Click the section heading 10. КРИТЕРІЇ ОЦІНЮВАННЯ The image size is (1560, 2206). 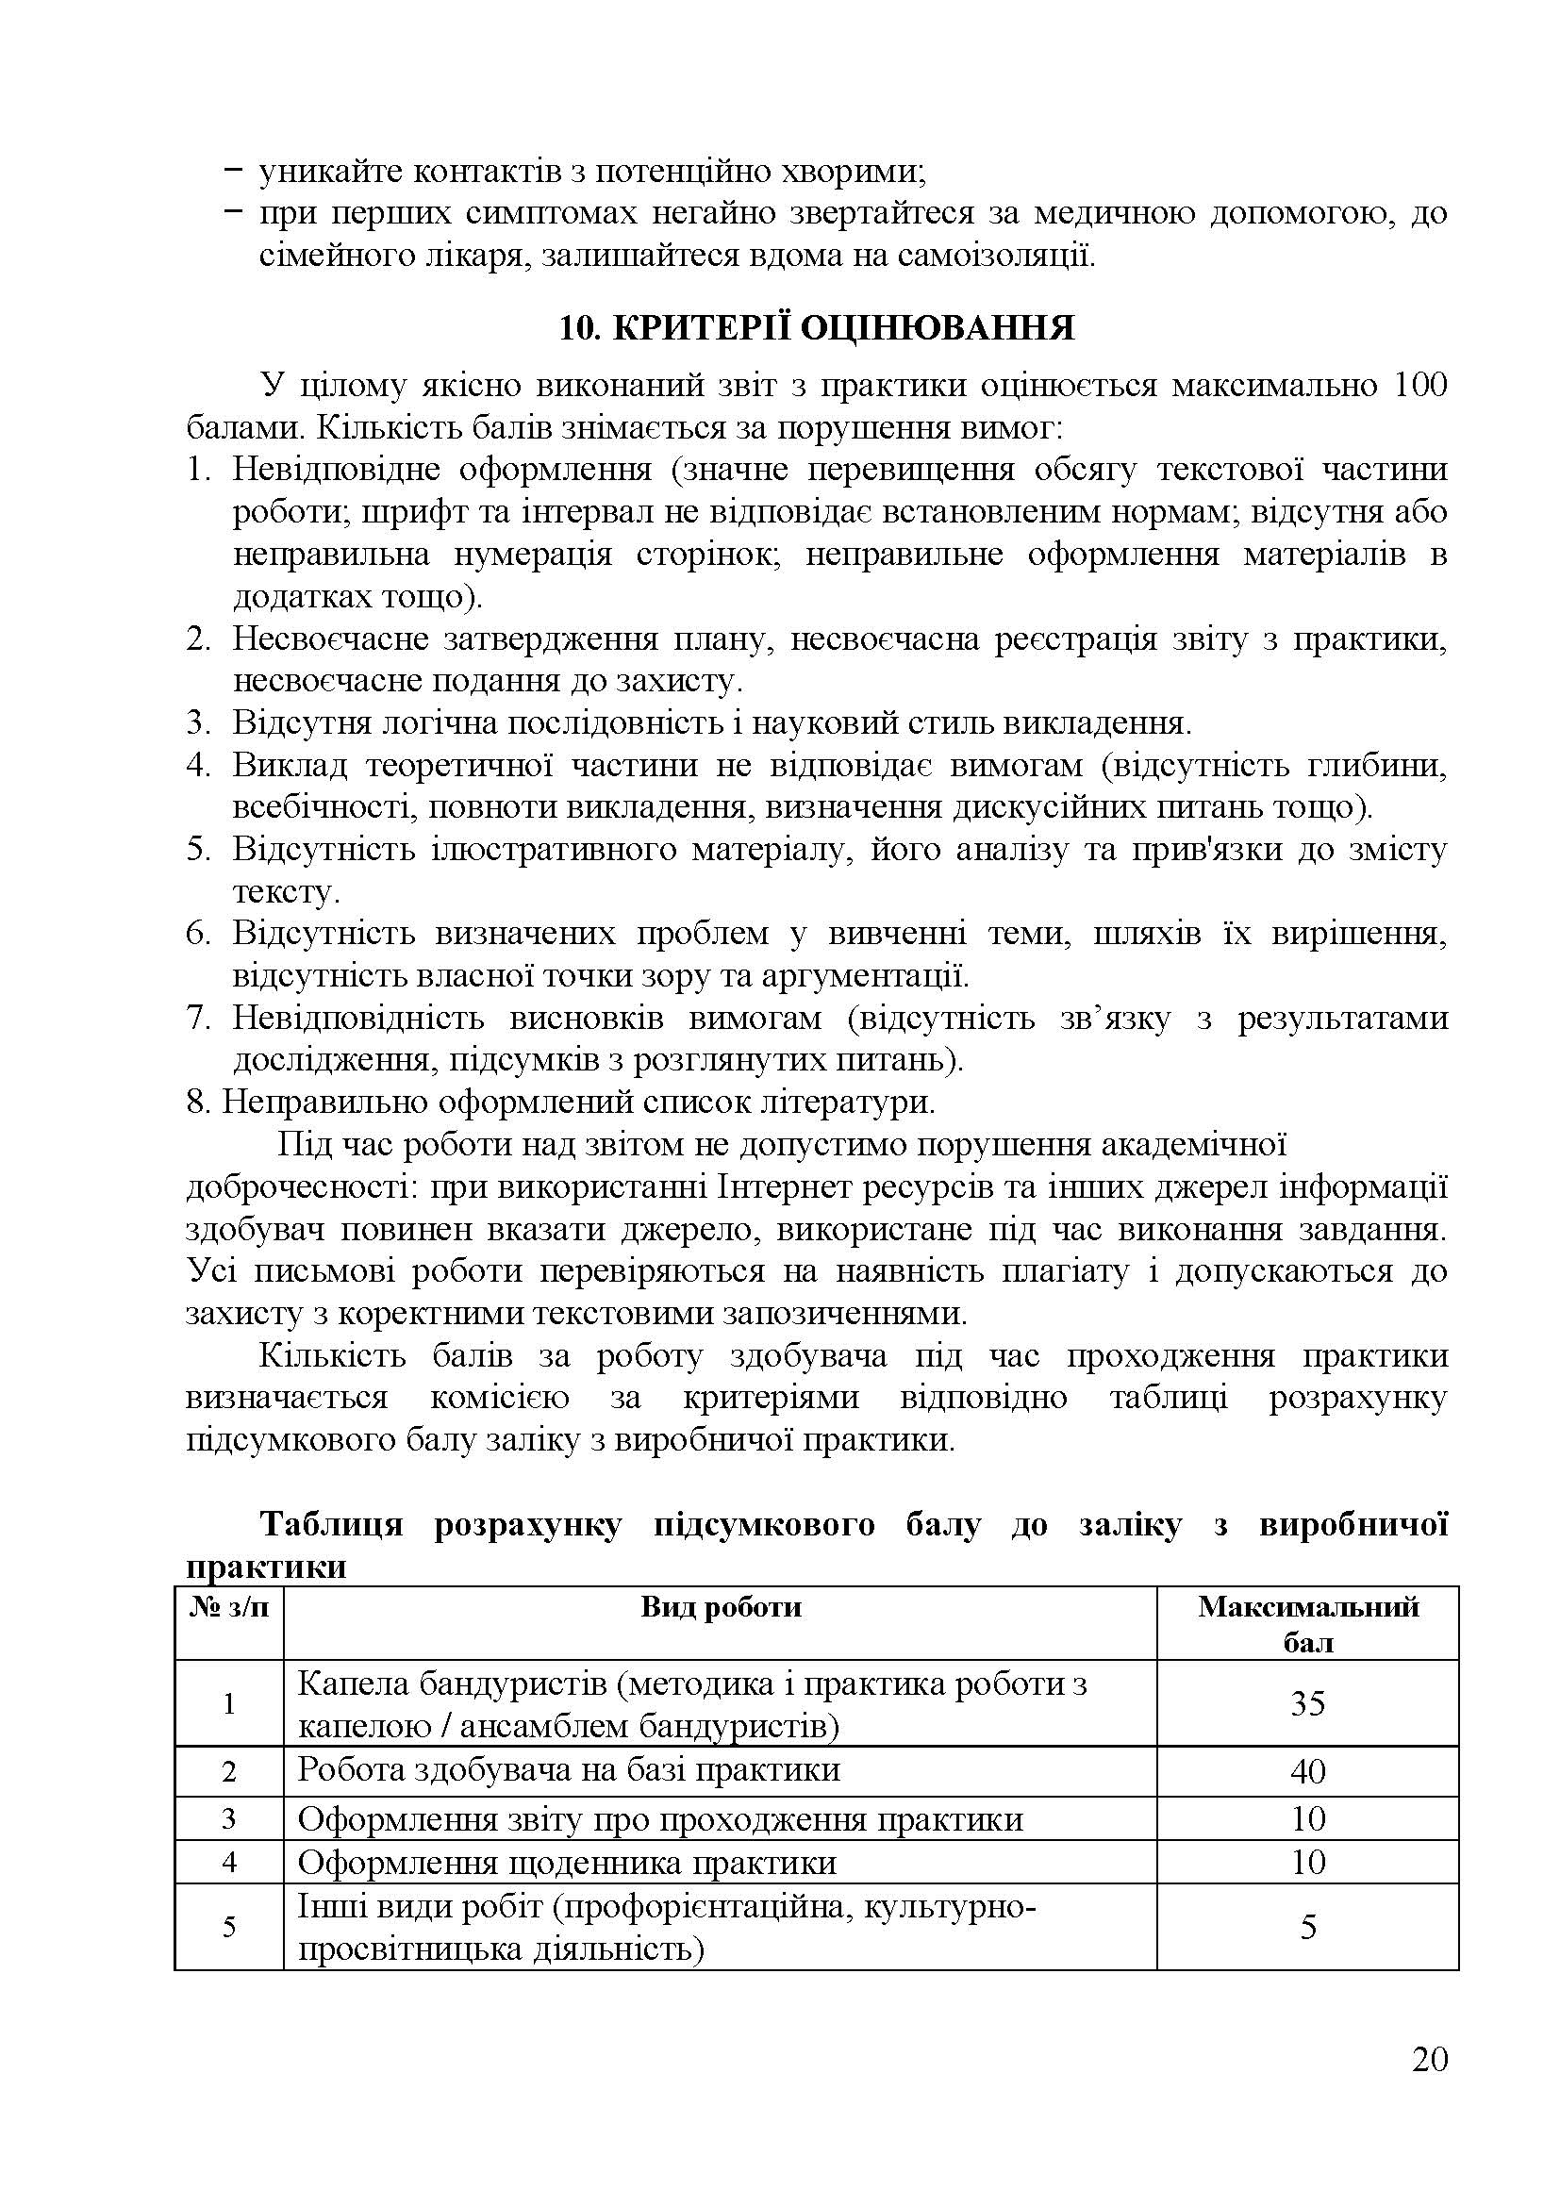coord(817,328)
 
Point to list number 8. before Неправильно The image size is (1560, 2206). coord(198,1102)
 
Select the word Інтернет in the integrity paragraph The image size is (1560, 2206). coord(779,1187)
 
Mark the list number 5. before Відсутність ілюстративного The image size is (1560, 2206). coord(198,850)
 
